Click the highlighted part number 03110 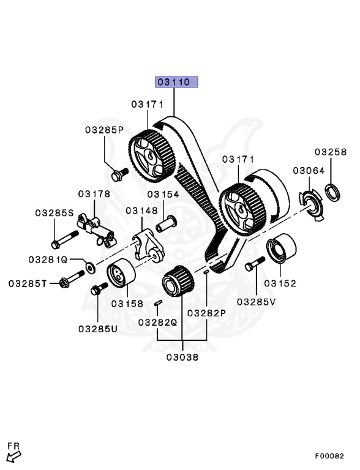pyautogui.click(x=176, y=82)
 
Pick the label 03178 pyautogui.click(x=94, y=194)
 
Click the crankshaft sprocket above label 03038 pyautogui.click(x=177, y=283)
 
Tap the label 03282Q pyautogui.click(x=157, y=322)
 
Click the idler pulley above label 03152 pyautogui.click(x=281, y=248)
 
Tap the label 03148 pyautogui.click(x=142, y=210)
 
